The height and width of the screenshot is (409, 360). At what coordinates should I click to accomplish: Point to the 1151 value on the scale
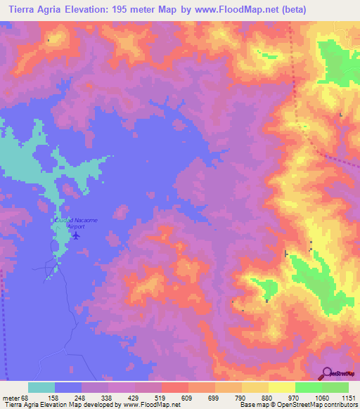(x=347, y=397)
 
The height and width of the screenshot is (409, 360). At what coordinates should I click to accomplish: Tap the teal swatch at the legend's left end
(x=41, y=387)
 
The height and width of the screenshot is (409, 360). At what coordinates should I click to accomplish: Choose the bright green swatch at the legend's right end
(x=335, y=387)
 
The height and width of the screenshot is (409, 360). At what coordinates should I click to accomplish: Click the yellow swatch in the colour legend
(x=281, y=387)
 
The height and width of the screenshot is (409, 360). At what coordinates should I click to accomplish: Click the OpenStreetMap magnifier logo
(x=328, y=373)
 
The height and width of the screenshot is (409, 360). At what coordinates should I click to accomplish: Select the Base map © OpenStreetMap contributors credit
(x=298, y=405)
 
